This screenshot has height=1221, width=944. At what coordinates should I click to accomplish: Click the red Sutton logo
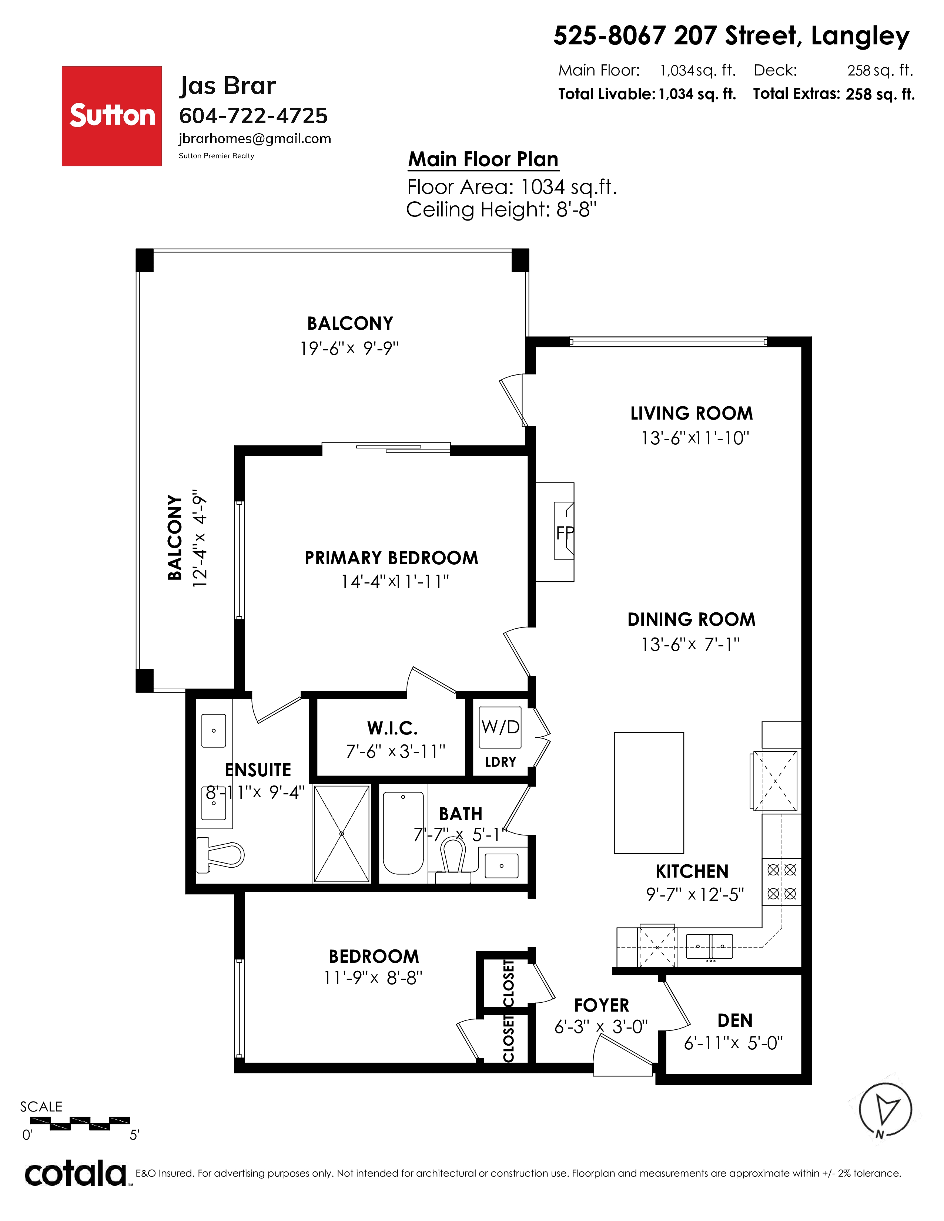point(111,116)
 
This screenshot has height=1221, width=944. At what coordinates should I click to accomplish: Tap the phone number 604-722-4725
point(253,116)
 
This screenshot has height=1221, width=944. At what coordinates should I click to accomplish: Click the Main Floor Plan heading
point(483,159)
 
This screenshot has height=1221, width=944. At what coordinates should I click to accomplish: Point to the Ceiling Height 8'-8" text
point(501,210)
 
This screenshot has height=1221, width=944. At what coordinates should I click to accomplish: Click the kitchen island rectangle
point(649,793)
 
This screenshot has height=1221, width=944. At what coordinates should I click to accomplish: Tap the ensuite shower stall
point(342,834)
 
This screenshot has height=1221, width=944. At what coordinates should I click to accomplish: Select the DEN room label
point(735,1020)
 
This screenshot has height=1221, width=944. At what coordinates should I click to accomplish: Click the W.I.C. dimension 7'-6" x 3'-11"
point(395,751)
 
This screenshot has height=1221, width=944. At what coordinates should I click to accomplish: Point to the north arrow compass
point(885,1110)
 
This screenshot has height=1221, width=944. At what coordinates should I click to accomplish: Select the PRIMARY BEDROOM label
point(391,558)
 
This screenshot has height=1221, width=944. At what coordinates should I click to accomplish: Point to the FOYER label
point(602,1005)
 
